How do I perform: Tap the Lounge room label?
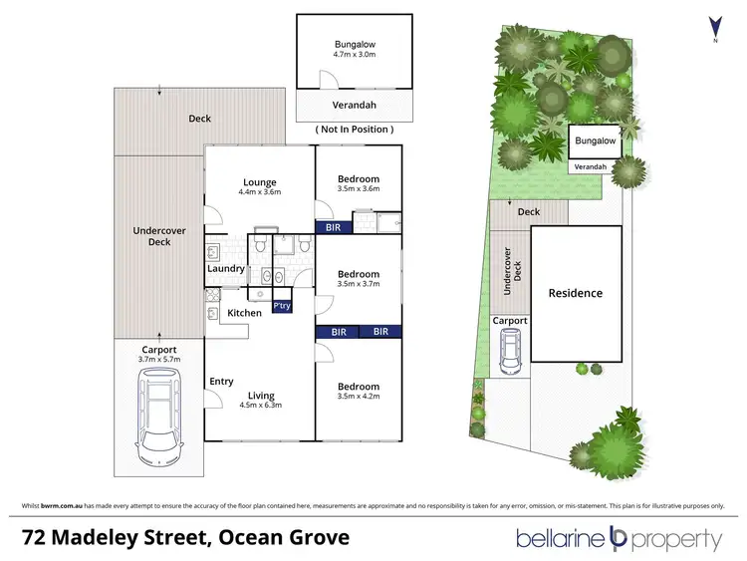tap(259, 186)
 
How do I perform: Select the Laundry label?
tap(226, 268)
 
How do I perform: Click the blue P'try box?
tap(282, 307)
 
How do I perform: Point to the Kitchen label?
tap(244, 313)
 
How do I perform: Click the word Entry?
tap(221, 382)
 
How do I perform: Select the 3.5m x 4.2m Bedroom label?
tap(358, 391)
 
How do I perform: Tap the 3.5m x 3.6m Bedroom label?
tap(358, 183)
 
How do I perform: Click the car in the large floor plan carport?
tap(159, 416)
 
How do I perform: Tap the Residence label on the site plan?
tap(576, 293)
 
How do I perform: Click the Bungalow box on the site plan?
tap(595, 141)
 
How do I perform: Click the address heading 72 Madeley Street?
tap(186, 538)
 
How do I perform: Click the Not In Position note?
tap(354, 130)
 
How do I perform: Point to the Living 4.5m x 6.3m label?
tap(262, 400)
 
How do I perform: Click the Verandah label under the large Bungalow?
tap(354, 108)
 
